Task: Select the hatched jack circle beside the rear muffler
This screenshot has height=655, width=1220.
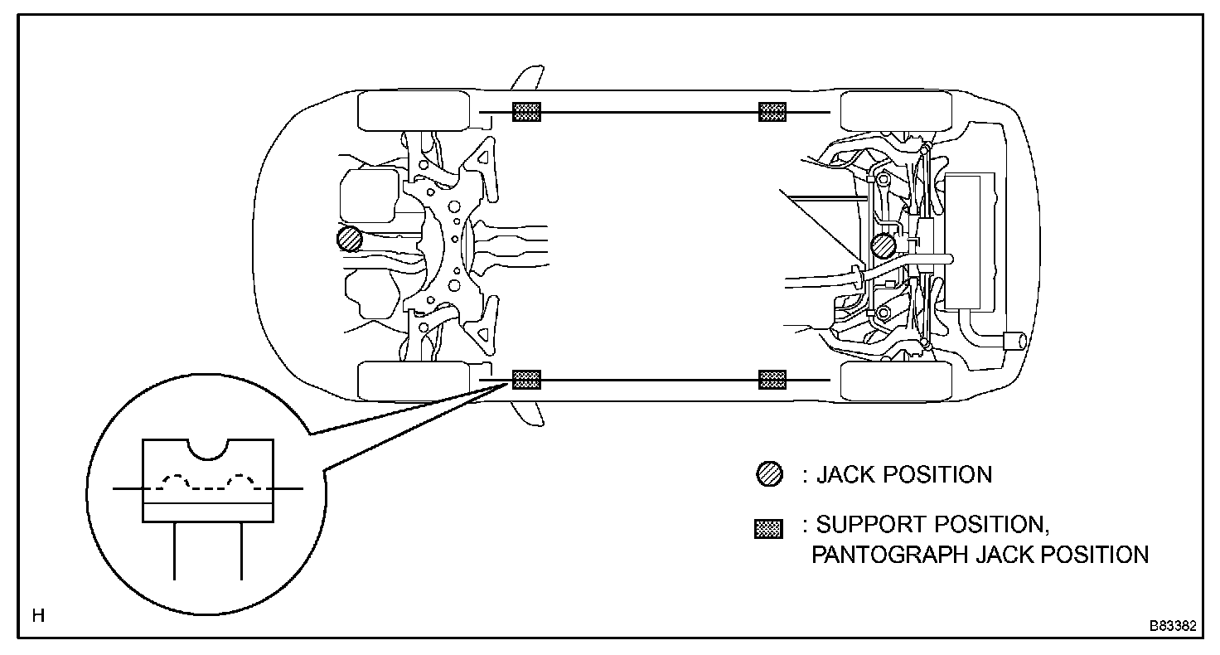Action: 884,245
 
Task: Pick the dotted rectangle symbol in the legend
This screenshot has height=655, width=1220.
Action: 768,529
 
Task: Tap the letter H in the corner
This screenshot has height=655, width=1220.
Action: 38,616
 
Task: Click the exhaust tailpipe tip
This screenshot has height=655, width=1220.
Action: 1014,340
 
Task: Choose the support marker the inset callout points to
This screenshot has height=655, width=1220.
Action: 526,380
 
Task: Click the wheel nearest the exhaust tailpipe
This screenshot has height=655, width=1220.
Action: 896,380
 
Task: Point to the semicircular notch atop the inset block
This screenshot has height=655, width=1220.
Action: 207,449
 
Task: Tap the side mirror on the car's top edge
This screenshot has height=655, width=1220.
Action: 527,78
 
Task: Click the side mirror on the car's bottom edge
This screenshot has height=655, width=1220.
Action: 529,414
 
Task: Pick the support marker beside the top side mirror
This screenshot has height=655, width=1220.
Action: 526,112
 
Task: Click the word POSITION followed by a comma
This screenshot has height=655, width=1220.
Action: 994,525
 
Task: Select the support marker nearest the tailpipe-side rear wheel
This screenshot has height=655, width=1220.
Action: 772,380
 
